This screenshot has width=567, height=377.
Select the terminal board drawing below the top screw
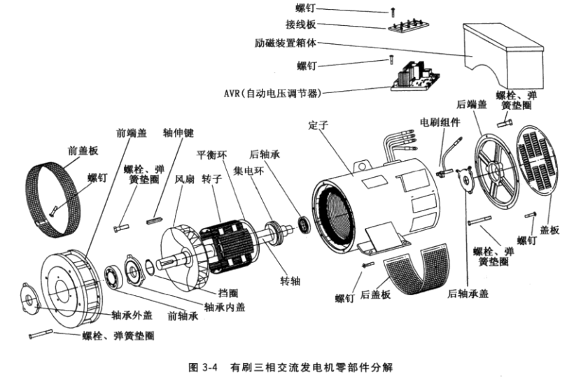coord(407,25)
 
